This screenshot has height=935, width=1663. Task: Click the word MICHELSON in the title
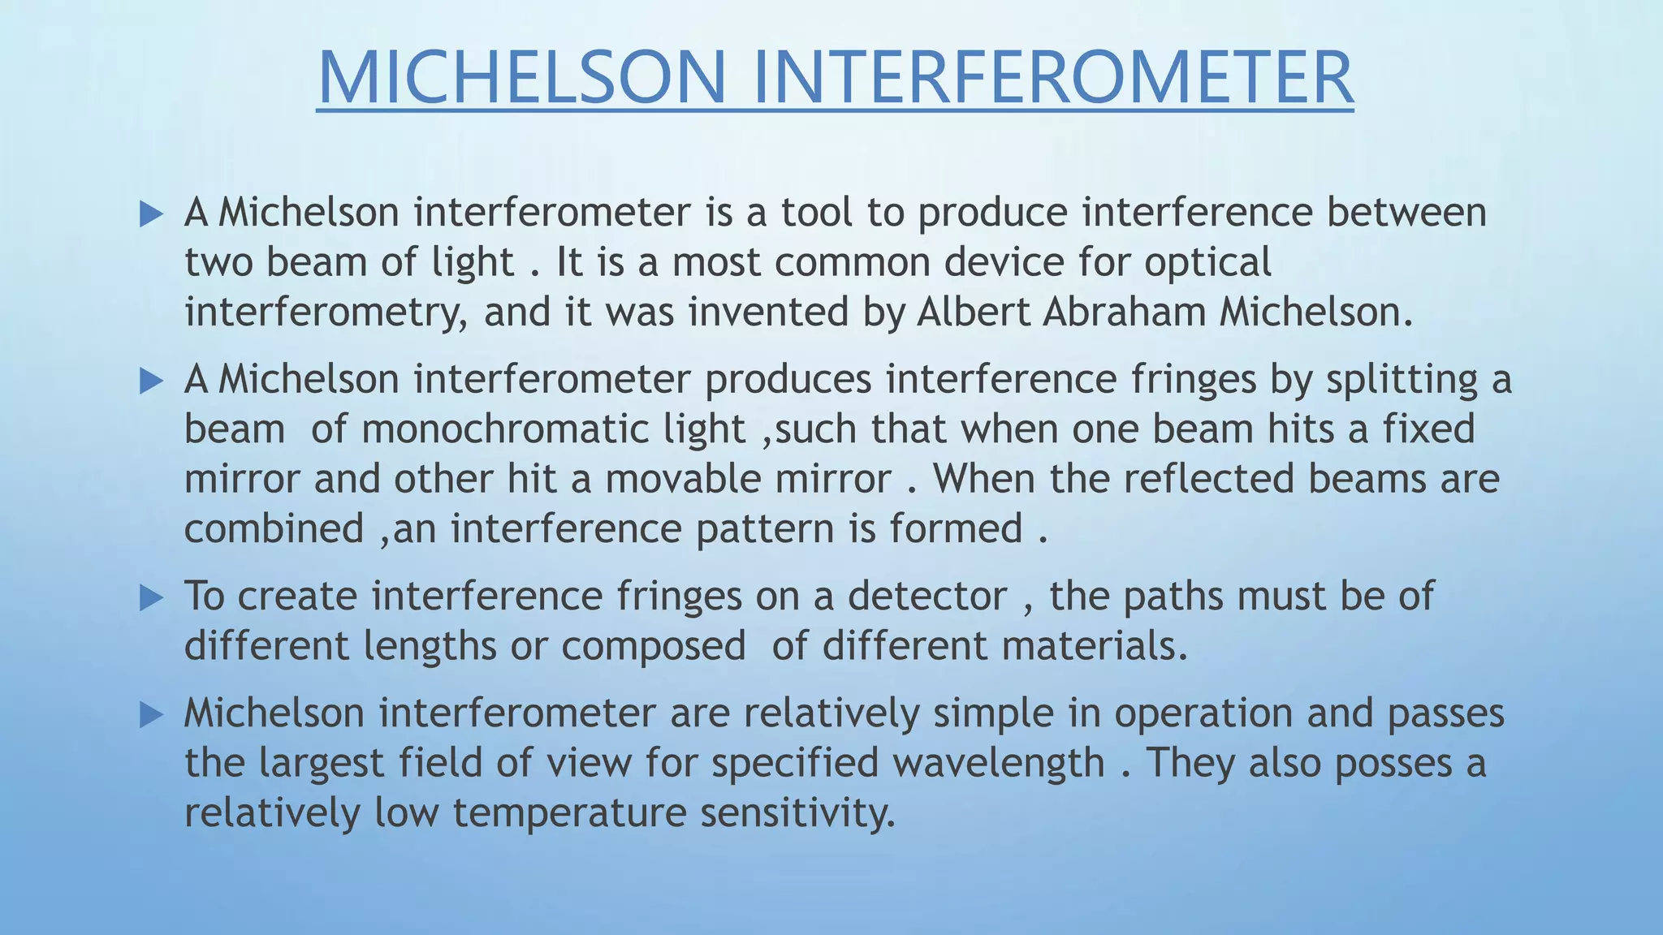pos(521,77)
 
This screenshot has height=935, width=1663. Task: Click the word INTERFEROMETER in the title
pos(1053,77)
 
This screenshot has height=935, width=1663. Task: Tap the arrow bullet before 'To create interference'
pos(151,598)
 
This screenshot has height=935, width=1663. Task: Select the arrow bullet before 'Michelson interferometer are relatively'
pos(151,715)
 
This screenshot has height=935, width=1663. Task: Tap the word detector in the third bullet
pos(927,597)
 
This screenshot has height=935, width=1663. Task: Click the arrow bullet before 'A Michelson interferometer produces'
pos(151,381)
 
